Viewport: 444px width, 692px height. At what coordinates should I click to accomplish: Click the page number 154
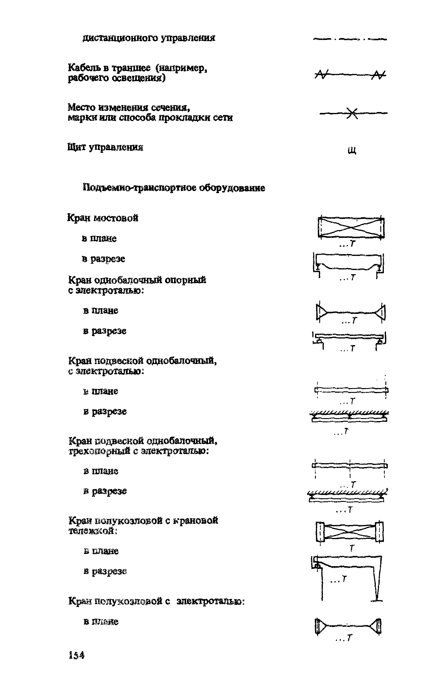click(76, 663)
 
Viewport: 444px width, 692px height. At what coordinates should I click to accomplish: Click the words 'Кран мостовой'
click(103, 218)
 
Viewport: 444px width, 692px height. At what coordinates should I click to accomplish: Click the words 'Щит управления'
click(105, 147)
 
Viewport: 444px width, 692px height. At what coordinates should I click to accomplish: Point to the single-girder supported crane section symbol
click(350, 339)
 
